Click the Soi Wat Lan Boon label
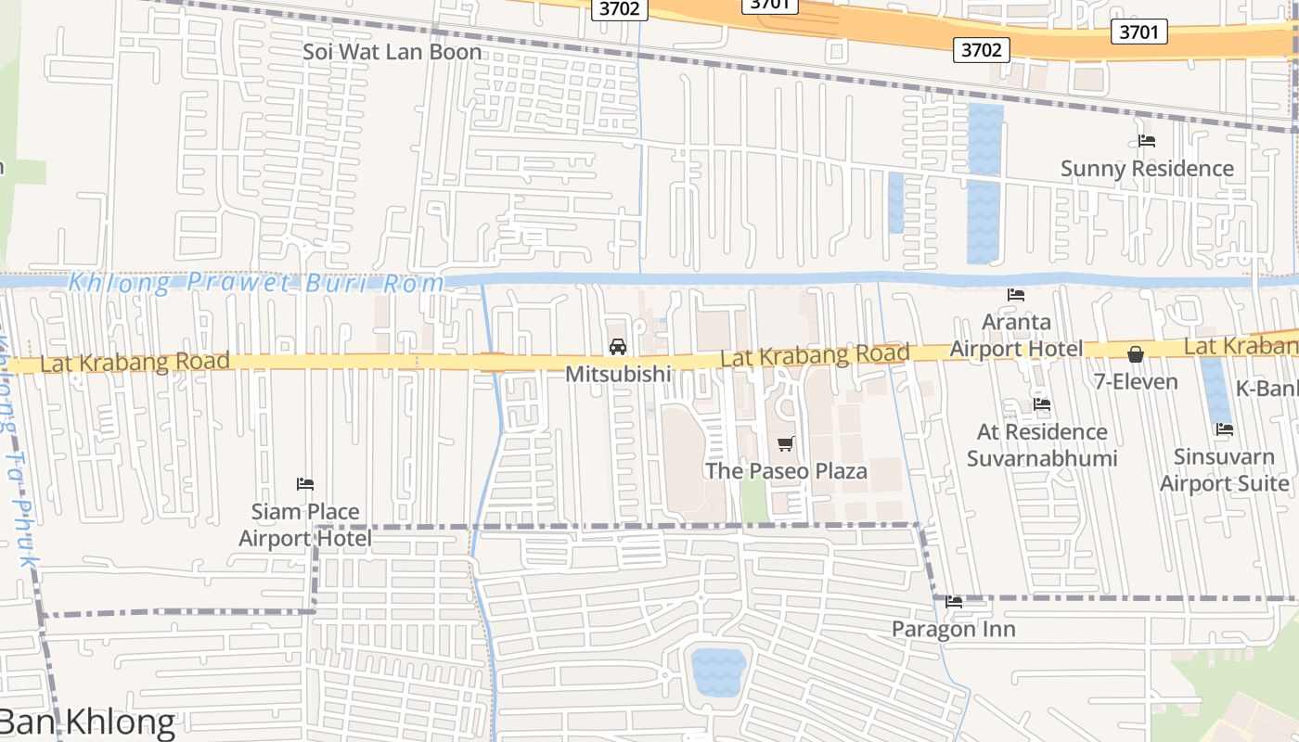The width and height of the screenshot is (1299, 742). click(x=392, y=52)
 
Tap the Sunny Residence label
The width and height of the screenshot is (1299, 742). click(x=1147, y=169)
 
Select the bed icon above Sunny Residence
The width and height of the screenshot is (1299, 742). click(x=1147, y=141)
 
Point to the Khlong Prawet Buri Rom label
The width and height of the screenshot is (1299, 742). click(x=257, y=283)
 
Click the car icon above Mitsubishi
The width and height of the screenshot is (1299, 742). click(x=617, y=347)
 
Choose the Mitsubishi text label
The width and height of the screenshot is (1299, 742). click(x=618, y=374)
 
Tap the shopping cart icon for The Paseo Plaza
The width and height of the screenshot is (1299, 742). click(x=786, y=443)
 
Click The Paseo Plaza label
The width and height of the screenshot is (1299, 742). click(x=786, y=471)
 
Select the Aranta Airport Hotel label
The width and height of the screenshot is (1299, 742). click(x=1016, y=336)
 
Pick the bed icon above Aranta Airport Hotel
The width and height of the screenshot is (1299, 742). click(x=1016, y=295)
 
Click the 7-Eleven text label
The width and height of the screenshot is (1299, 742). click(x=1136, y=381)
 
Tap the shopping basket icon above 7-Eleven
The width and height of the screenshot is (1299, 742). click(x=1136, y=354)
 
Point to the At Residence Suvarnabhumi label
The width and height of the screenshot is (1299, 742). click(x=1042, y=445)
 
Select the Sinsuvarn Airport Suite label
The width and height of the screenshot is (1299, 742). click(x=1225, y=470)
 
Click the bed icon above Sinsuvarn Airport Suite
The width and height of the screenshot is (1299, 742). click(x=1225, y=429)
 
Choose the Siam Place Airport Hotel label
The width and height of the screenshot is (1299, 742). click(x=305, y=525)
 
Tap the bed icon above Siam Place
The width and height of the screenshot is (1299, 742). click(x=305, y=484)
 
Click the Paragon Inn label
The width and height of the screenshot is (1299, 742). click(x=954, y=629)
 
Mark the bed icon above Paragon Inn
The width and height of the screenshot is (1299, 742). click(x=954, y=602)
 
